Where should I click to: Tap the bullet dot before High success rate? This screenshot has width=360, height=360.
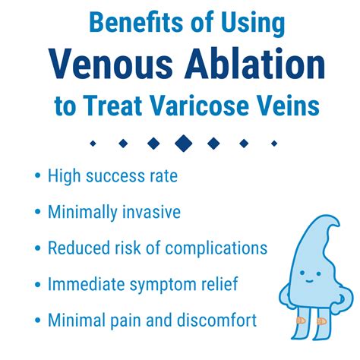tap(37, 176)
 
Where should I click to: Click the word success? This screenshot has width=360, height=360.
tap(115, 176)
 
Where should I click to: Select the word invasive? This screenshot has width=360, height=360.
tap(148, 213)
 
